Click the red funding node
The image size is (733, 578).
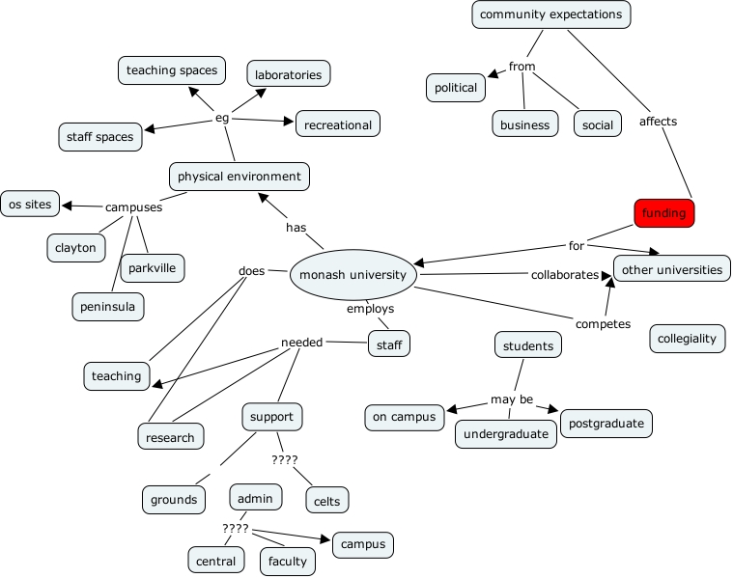click(664, 212)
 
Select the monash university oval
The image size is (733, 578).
click(353, 274)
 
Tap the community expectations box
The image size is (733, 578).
click(551, 14)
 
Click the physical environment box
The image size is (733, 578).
click(239, 177)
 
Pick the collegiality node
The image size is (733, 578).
click(687, 338)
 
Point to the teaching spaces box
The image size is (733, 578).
click(172, 69)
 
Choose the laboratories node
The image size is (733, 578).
click(289, 73)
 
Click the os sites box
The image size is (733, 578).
click(30, 204)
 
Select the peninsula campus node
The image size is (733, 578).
click(108, 307)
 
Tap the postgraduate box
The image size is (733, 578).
click(606, 424)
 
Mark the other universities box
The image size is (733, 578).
click(672, 269)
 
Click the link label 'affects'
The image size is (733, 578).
click(658, 122)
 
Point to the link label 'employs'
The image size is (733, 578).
click(370, 309)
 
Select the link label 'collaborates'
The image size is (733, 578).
click(565, 275)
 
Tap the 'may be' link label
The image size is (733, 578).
click(512, 399)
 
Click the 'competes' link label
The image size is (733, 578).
click(603, 324)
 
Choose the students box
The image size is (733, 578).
click(528, 345)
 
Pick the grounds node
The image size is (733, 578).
click(174, 500)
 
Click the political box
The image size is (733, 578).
click(456, 88)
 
